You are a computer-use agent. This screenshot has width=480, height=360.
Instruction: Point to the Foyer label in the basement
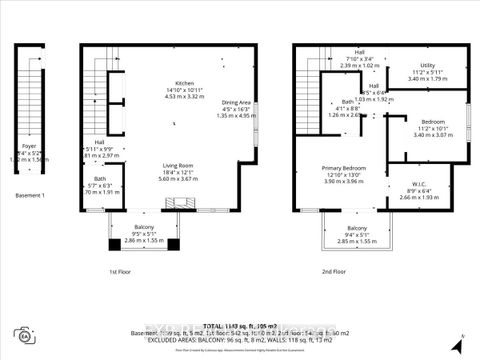coord(29,143)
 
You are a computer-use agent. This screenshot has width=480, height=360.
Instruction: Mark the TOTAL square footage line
coord(238,326)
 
